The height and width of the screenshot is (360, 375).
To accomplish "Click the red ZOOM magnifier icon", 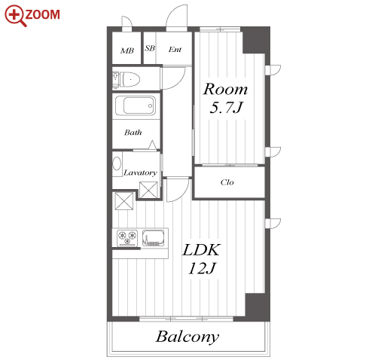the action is pos(16,16).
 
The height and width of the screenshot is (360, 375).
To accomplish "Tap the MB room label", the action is pos(127,50).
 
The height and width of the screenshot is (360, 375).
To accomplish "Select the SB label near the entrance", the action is pos(150,48).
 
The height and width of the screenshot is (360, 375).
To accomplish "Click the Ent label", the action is pos(175,50).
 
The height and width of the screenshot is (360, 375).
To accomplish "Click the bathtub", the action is pos(136,105).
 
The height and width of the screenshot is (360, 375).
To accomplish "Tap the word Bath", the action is pos(133,133).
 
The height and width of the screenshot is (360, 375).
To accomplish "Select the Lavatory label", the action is pos(140,172).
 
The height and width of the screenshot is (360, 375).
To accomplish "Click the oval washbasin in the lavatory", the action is pos(117,163).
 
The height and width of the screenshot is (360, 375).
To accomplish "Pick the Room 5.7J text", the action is pos(225,98).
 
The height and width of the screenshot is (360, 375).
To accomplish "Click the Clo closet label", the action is pos(227,182).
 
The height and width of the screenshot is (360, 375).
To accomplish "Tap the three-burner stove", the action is pos(127,238).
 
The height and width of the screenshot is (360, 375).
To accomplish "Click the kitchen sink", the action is pos(154,238).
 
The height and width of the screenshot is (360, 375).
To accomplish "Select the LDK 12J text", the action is pos(202,258).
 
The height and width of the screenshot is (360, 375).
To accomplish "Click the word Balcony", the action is pos(187,337).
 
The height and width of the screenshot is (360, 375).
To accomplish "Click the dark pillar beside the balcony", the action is pos(258,307).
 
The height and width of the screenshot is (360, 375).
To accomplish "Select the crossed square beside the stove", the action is pos(124,201).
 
